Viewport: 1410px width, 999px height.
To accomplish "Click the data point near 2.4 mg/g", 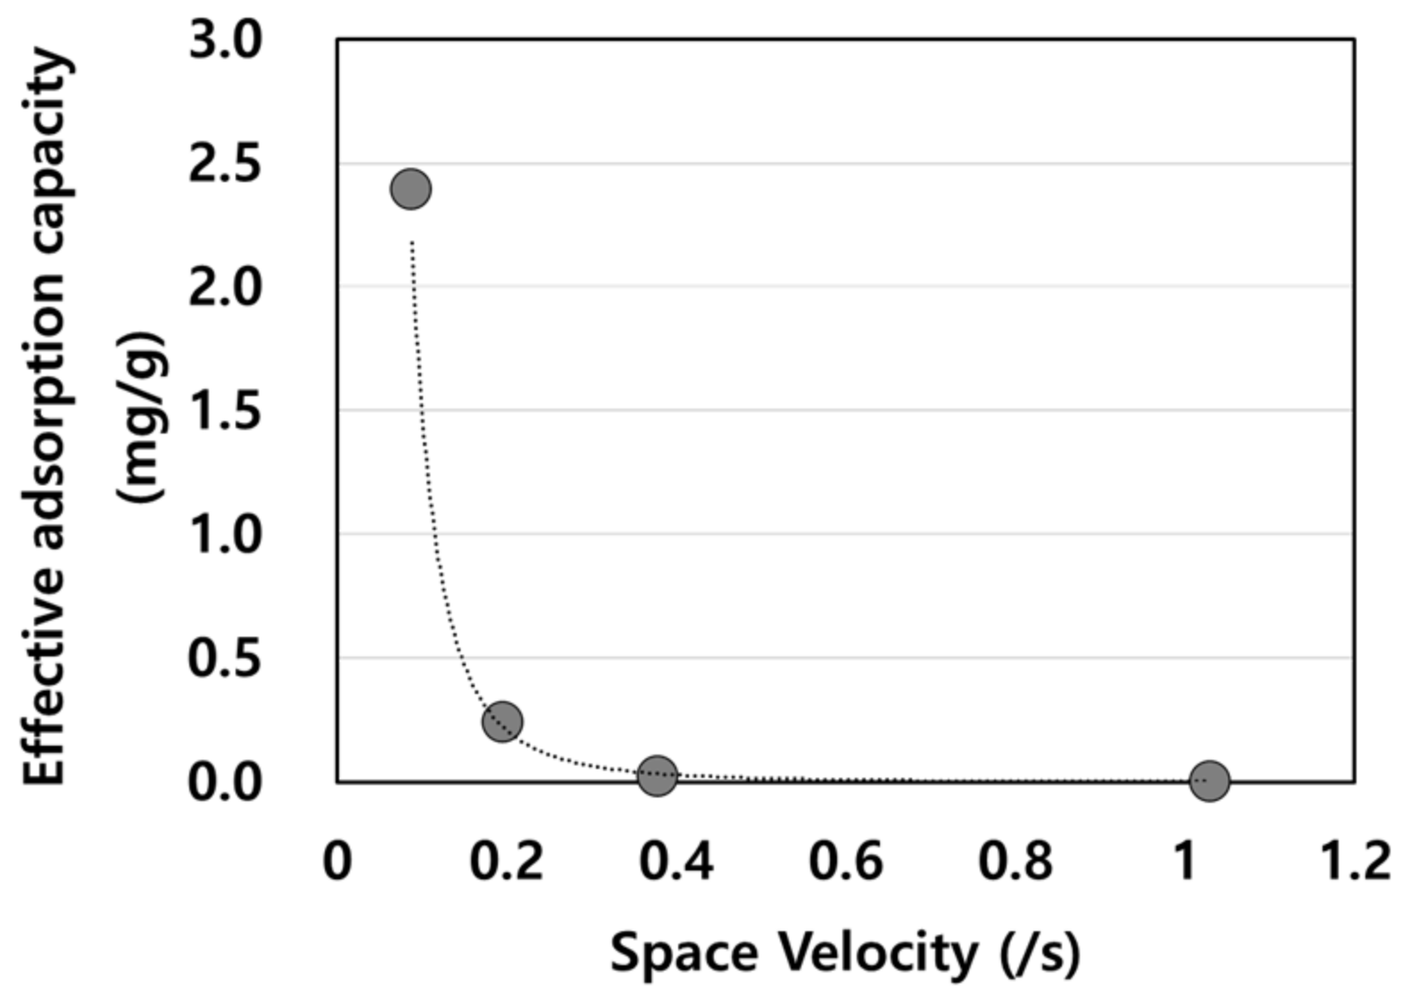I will pyautogui.click(x=411, y=189).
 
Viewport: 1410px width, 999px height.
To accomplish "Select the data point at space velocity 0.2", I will pyautogui.click(x=502, y=721).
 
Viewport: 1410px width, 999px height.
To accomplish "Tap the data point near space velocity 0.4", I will pyautogui.click(x=658, y=776).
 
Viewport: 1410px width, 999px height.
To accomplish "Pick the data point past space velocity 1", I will pyautogui.click(x=1209, y=781).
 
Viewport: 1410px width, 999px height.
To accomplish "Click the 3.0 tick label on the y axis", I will pyautogui.click(x=225, y=41).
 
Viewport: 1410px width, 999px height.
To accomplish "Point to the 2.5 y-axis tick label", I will pyautogui.click(x=225, y=165).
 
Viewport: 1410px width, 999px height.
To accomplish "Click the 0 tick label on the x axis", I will pyautogui.click(x=336, y=862).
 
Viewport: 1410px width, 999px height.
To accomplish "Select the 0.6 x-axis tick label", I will pyautogui.click(x=845, y=862).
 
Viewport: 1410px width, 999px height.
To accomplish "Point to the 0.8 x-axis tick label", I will pyautogui.click(x=1015, y=862).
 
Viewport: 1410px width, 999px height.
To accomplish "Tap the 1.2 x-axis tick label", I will pyautogui.click(x=1354, y=862).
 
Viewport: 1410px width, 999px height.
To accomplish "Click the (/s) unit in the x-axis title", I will pyautogui.click(x=1040, y=953).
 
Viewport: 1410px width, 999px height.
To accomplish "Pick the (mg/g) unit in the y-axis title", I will pyautogui.click(x=143, y=417).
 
